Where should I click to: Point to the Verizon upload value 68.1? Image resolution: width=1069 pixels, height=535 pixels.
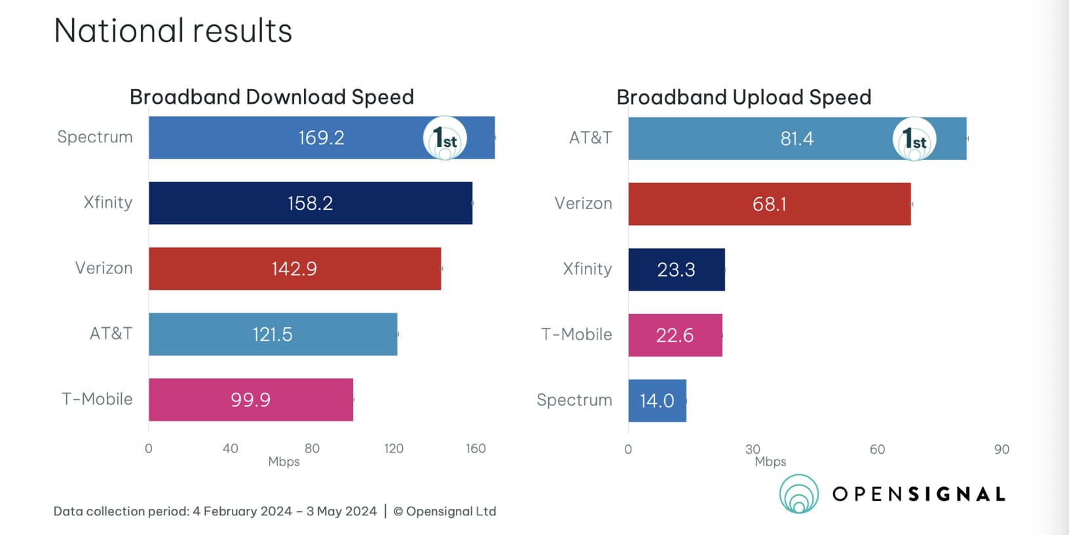(x=769, y=204)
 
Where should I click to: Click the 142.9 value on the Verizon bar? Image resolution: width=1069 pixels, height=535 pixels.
(x=294, y=269)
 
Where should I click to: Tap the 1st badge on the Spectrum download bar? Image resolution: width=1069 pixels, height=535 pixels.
(x=445, y=138)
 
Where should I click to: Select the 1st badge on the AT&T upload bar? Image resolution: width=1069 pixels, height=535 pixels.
(x=914, y=139)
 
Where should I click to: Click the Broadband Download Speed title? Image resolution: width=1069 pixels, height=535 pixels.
(x=272, y=97)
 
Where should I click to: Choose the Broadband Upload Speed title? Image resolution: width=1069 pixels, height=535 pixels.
(x=743, y=97)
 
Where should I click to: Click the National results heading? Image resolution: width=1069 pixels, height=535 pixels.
(x=173, y=31)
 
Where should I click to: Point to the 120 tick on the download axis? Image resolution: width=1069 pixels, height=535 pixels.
(x=394, y=448)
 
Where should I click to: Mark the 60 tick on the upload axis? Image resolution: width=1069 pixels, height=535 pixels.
(x=877, y=449)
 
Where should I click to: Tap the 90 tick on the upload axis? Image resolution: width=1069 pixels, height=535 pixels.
(x=1002, y=449)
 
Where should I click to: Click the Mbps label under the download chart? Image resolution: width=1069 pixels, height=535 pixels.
(x=284, y=462)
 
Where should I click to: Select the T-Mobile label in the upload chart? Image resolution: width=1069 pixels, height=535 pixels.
(x=576, y=334)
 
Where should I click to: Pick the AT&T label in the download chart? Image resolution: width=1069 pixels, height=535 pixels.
(x=111, y=334)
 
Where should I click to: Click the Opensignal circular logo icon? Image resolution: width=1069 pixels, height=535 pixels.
(x=799, y=494)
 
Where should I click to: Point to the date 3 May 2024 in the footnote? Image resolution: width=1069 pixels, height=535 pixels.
(x=341, y=511)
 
